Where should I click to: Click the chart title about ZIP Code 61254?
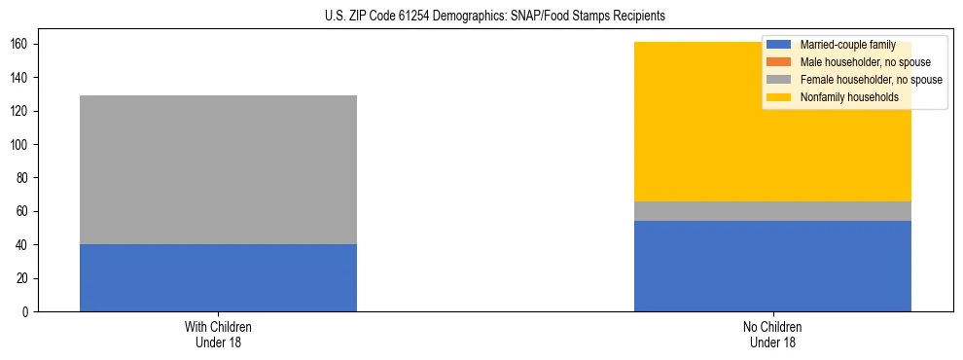pyautogui.click(x=481, y=17)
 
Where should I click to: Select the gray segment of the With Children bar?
pyautogui.click(x=218, y=169)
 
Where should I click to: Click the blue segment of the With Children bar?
pyautogui.click(x=218, y=277)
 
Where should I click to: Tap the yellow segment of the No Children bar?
pyautogui.click(x=772, y=136)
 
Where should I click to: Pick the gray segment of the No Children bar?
pyautogui.click(x=772, y=211)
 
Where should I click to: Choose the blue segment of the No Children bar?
pyautogui.click(x=772, y=266)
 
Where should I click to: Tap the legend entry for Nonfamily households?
pyautogui.click(x=842, y=97)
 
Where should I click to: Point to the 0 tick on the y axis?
pyautogui.click(x=25, y=312)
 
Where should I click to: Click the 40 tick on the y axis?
pyautogui.click(x=22, y=245)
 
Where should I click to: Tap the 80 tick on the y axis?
pyautogui.click(x=22, y=178)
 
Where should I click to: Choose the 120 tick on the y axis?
pyautogui.click(x=19, y=112)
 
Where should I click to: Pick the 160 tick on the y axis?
pyautogui.click(x=19, y=45)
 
